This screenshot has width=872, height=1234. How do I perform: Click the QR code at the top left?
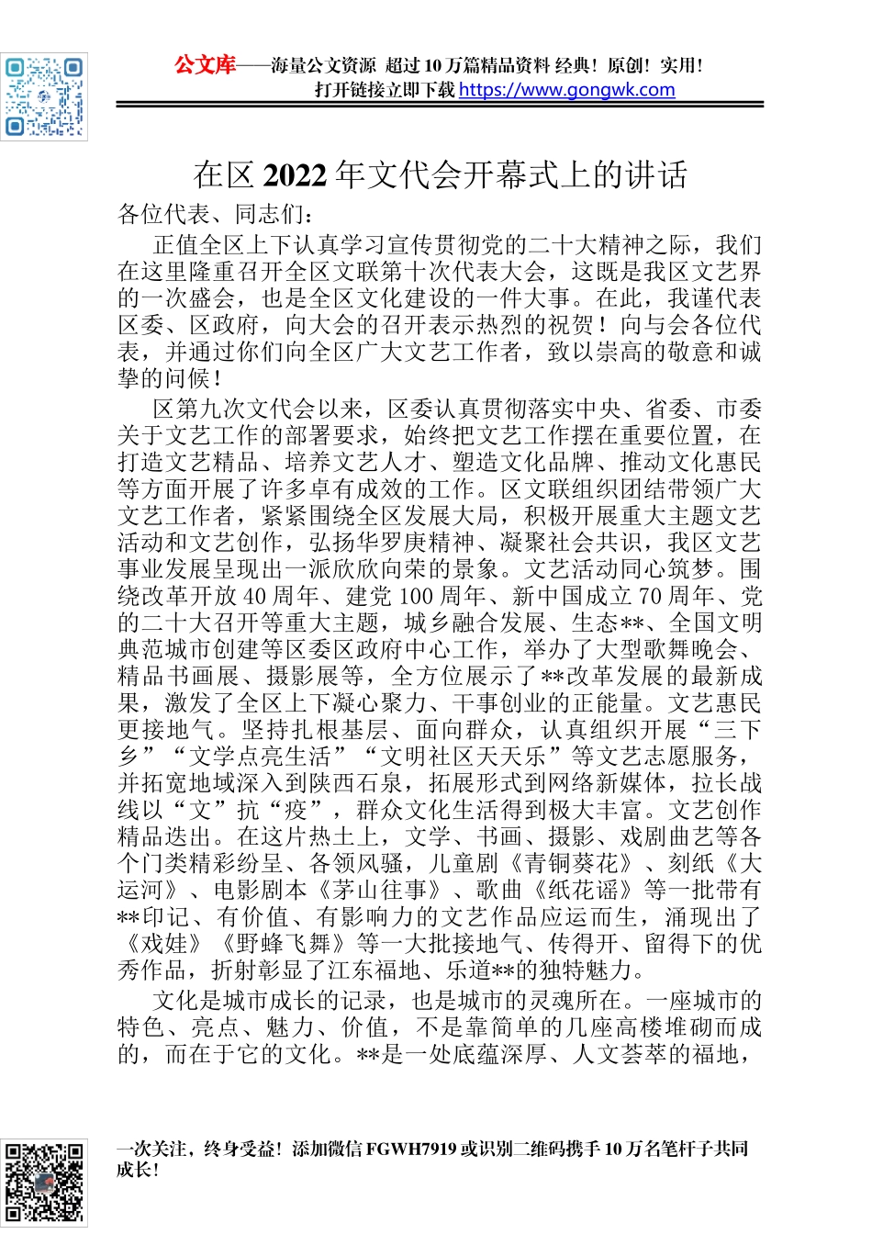(x=44, y=96)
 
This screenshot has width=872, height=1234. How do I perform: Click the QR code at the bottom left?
(x=44, y=1184)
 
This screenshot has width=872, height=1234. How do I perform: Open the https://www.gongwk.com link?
(x=566, y=90)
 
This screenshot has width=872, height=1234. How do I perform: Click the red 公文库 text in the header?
(x=205, y=65)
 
